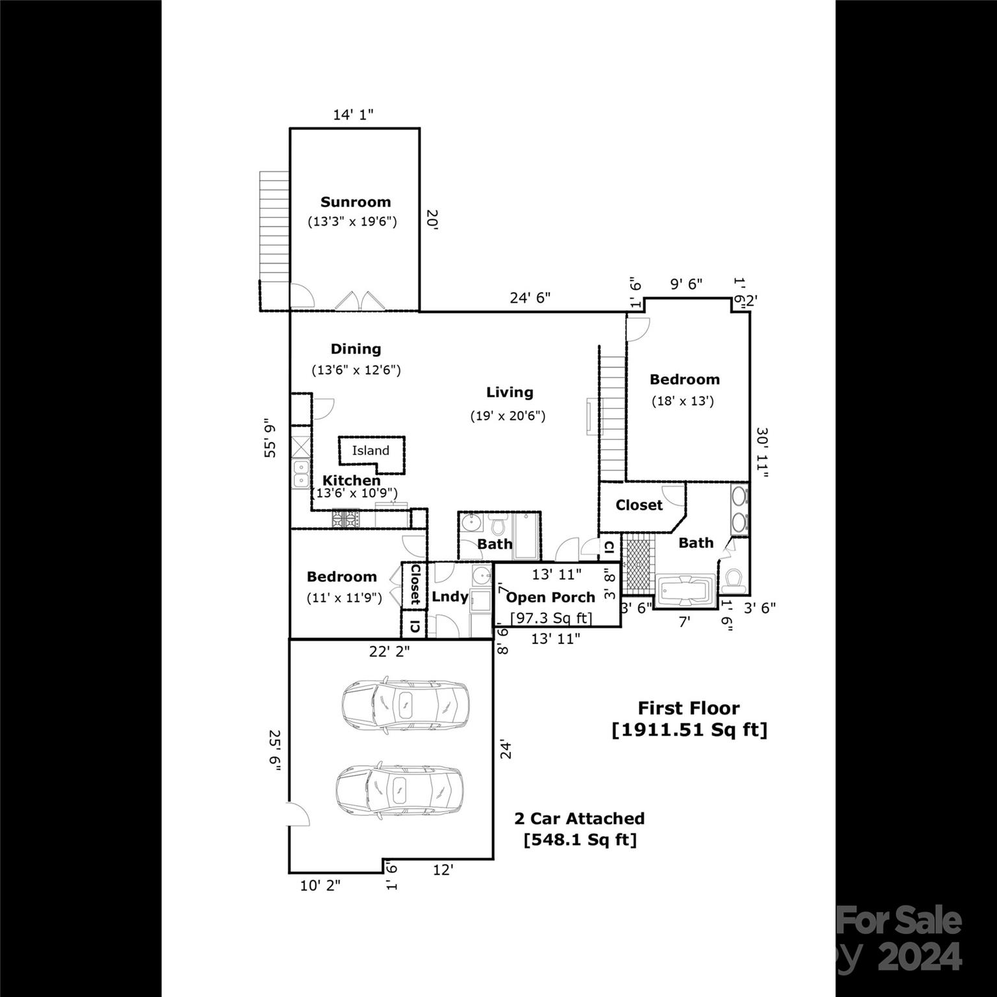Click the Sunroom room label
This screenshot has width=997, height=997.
click(x=355, y=202)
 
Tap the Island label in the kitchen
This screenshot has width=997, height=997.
click(x=371, y=450)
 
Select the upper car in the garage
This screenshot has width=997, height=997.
click(x=404, y=705)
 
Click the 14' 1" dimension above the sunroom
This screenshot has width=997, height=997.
click(x=353, y=115)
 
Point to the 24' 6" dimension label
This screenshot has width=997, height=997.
click(x=530, y=298)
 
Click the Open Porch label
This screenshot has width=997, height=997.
click(x=550, y=597)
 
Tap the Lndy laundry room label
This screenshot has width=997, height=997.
click(x=450, y=597)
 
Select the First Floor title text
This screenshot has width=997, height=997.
click(x=689, y=708)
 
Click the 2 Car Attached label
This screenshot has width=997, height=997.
click(x=580, y=819)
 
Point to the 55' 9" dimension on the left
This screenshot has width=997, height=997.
click(x=270, y=437)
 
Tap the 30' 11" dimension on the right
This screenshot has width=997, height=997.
click(x=762, y=452)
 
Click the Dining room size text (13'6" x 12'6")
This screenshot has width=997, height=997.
click(x=356, y=370)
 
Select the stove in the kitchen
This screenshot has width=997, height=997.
click(x=346, y=519)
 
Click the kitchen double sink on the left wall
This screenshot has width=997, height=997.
click(x=300, y=474)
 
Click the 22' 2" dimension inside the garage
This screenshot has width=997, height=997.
click(x=389, y=651)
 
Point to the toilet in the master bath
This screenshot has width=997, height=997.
click(x=735, y=580)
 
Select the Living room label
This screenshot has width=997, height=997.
click(x=510, y=392)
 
